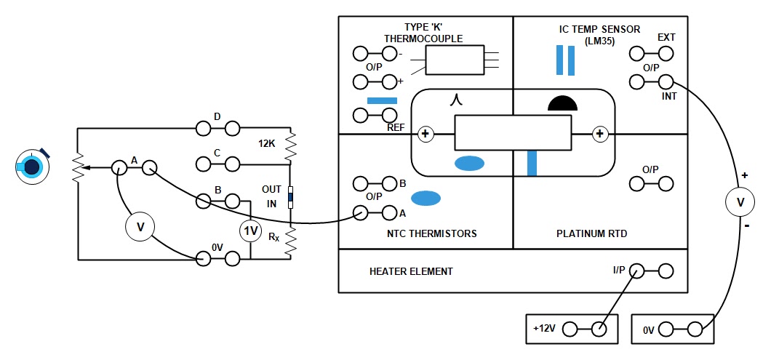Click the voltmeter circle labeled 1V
pos(251,231)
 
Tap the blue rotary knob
pos(31,167)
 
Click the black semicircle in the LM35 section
pos(562,103)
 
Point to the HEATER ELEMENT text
pos(411,271)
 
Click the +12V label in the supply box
pos(545,329)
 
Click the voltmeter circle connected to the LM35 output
pos(740,202)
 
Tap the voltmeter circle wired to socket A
pos(141,228)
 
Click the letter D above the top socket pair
pos(216,116)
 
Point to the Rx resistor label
pos(273,237)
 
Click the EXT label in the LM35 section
pos(666,37)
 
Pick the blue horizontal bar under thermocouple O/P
pos(383,100)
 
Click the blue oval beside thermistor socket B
pos(427,197)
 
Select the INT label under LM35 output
pos(670,96)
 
